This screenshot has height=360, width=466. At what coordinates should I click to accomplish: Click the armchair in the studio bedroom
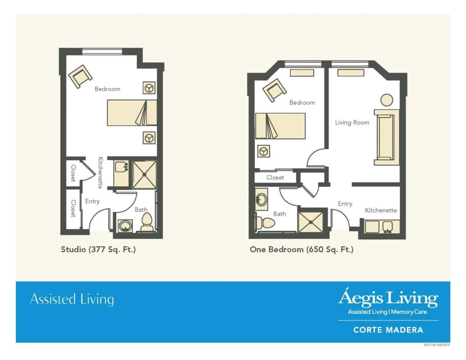(x=80, y=76)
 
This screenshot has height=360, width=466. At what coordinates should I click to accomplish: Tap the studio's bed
(x=132, y=113)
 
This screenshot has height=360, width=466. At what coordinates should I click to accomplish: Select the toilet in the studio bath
(x=147, y=222)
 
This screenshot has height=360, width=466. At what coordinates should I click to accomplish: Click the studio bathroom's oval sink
(x=125, y=226)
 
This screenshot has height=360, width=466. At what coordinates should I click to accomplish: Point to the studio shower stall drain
(x=144, y=175)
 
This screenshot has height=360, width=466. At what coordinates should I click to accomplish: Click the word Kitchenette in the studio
(x=101, y=172)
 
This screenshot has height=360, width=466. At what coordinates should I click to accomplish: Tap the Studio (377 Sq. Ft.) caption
(x=98, y=249)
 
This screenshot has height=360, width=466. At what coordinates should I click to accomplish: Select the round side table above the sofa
(x=387, y=100)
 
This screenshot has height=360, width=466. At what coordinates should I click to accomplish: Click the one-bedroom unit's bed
(x=280, y=126)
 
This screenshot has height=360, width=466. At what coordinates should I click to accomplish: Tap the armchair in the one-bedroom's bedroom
(x=274, y=90)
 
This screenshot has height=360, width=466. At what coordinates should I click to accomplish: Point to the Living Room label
(x=352, y=122)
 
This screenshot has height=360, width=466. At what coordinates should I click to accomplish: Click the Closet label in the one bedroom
(x=275, y=177)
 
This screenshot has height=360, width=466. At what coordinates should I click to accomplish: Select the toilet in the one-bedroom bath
(x=265, y=223)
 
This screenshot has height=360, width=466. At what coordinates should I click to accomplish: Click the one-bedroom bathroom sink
(x=262, y=199)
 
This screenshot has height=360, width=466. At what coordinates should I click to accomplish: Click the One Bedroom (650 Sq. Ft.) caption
(x=302, y=249)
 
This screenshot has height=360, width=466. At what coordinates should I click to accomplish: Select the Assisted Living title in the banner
(x=72, y=299)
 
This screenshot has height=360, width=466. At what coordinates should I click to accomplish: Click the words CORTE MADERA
(x=388, y=330)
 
